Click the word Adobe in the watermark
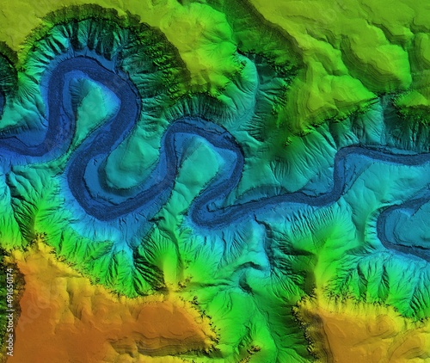tap(8, 340)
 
